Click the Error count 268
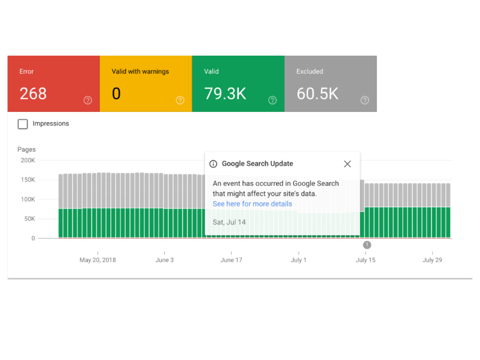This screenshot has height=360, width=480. click(x=33, y=94)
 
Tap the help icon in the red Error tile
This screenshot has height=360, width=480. click(x=88, y=100)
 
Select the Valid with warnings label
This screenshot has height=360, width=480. click(x=140, y=72)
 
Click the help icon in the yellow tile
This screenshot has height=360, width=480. click(x=180, y=100)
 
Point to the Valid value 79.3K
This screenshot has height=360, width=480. click(x=225, y=94)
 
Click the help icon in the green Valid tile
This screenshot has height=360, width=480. click(x=273, y=100)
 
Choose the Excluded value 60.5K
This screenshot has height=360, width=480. click(x=317, y=94)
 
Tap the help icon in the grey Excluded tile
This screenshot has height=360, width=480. click(x=365, y=100)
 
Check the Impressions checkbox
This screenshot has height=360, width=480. click(x=23, y=124)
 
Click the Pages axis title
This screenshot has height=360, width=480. click(x=26, y=149)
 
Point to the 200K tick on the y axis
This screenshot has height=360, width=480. click(x=28, y=160)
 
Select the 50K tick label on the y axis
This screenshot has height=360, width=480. click(x=30, y=219)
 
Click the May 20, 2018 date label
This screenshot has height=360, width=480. click(x=97, y=260)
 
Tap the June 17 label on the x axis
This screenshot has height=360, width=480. click(x=231, y=260)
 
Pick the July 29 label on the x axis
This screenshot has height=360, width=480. click(x=432, y=260)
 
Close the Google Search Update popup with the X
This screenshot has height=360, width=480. click(x=347, y=164)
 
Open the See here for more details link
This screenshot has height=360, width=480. click(x=252, y=204)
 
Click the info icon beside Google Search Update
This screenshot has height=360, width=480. click(x=214, y=164)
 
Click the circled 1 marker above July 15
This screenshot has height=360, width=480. click(x=367, y=245)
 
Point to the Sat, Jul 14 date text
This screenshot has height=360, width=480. click(x=229, y=222)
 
